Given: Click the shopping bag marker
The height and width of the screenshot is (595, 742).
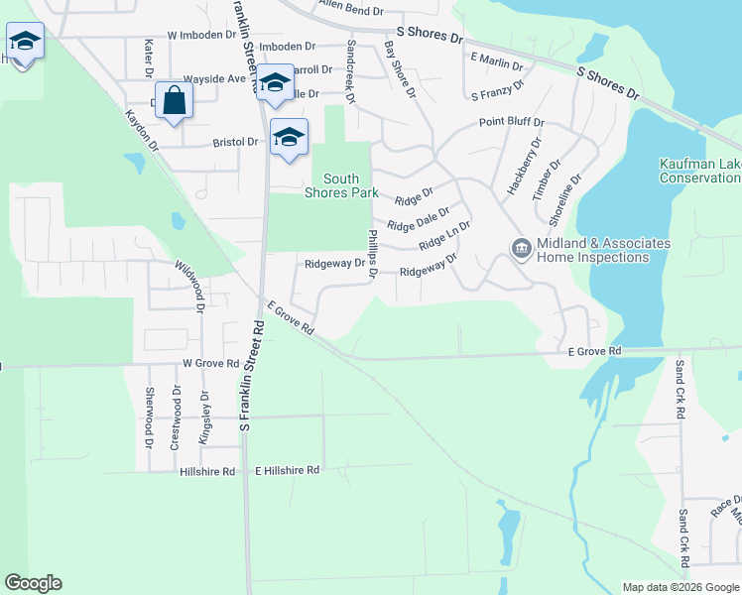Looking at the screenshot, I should [x=174, y=100].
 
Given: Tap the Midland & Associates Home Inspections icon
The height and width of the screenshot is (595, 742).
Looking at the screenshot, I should [x=522, y=250].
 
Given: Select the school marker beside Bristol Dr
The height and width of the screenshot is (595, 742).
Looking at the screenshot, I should [x=289, y=138].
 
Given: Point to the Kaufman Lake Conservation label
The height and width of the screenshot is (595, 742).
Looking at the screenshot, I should [x=699, y=171].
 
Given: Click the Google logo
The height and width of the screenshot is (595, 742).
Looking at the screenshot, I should [x=33, y=583].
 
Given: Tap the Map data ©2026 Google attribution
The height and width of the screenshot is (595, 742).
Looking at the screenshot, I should [x=680, y=587].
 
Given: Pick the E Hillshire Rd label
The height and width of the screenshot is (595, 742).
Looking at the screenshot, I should [x=288, y=470].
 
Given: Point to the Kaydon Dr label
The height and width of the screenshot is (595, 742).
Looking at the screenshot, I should [x=142, y=129].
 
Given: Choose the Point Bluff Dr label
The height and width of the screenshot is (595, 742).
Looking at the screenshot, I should [x=512, y=122].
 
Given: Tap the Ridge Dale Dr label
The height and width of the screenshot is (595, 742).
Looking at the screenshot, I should [x=418, y=218].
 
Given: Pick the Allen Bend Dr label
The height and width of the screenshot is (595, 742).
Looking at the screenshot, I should [x=350, y=9].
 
